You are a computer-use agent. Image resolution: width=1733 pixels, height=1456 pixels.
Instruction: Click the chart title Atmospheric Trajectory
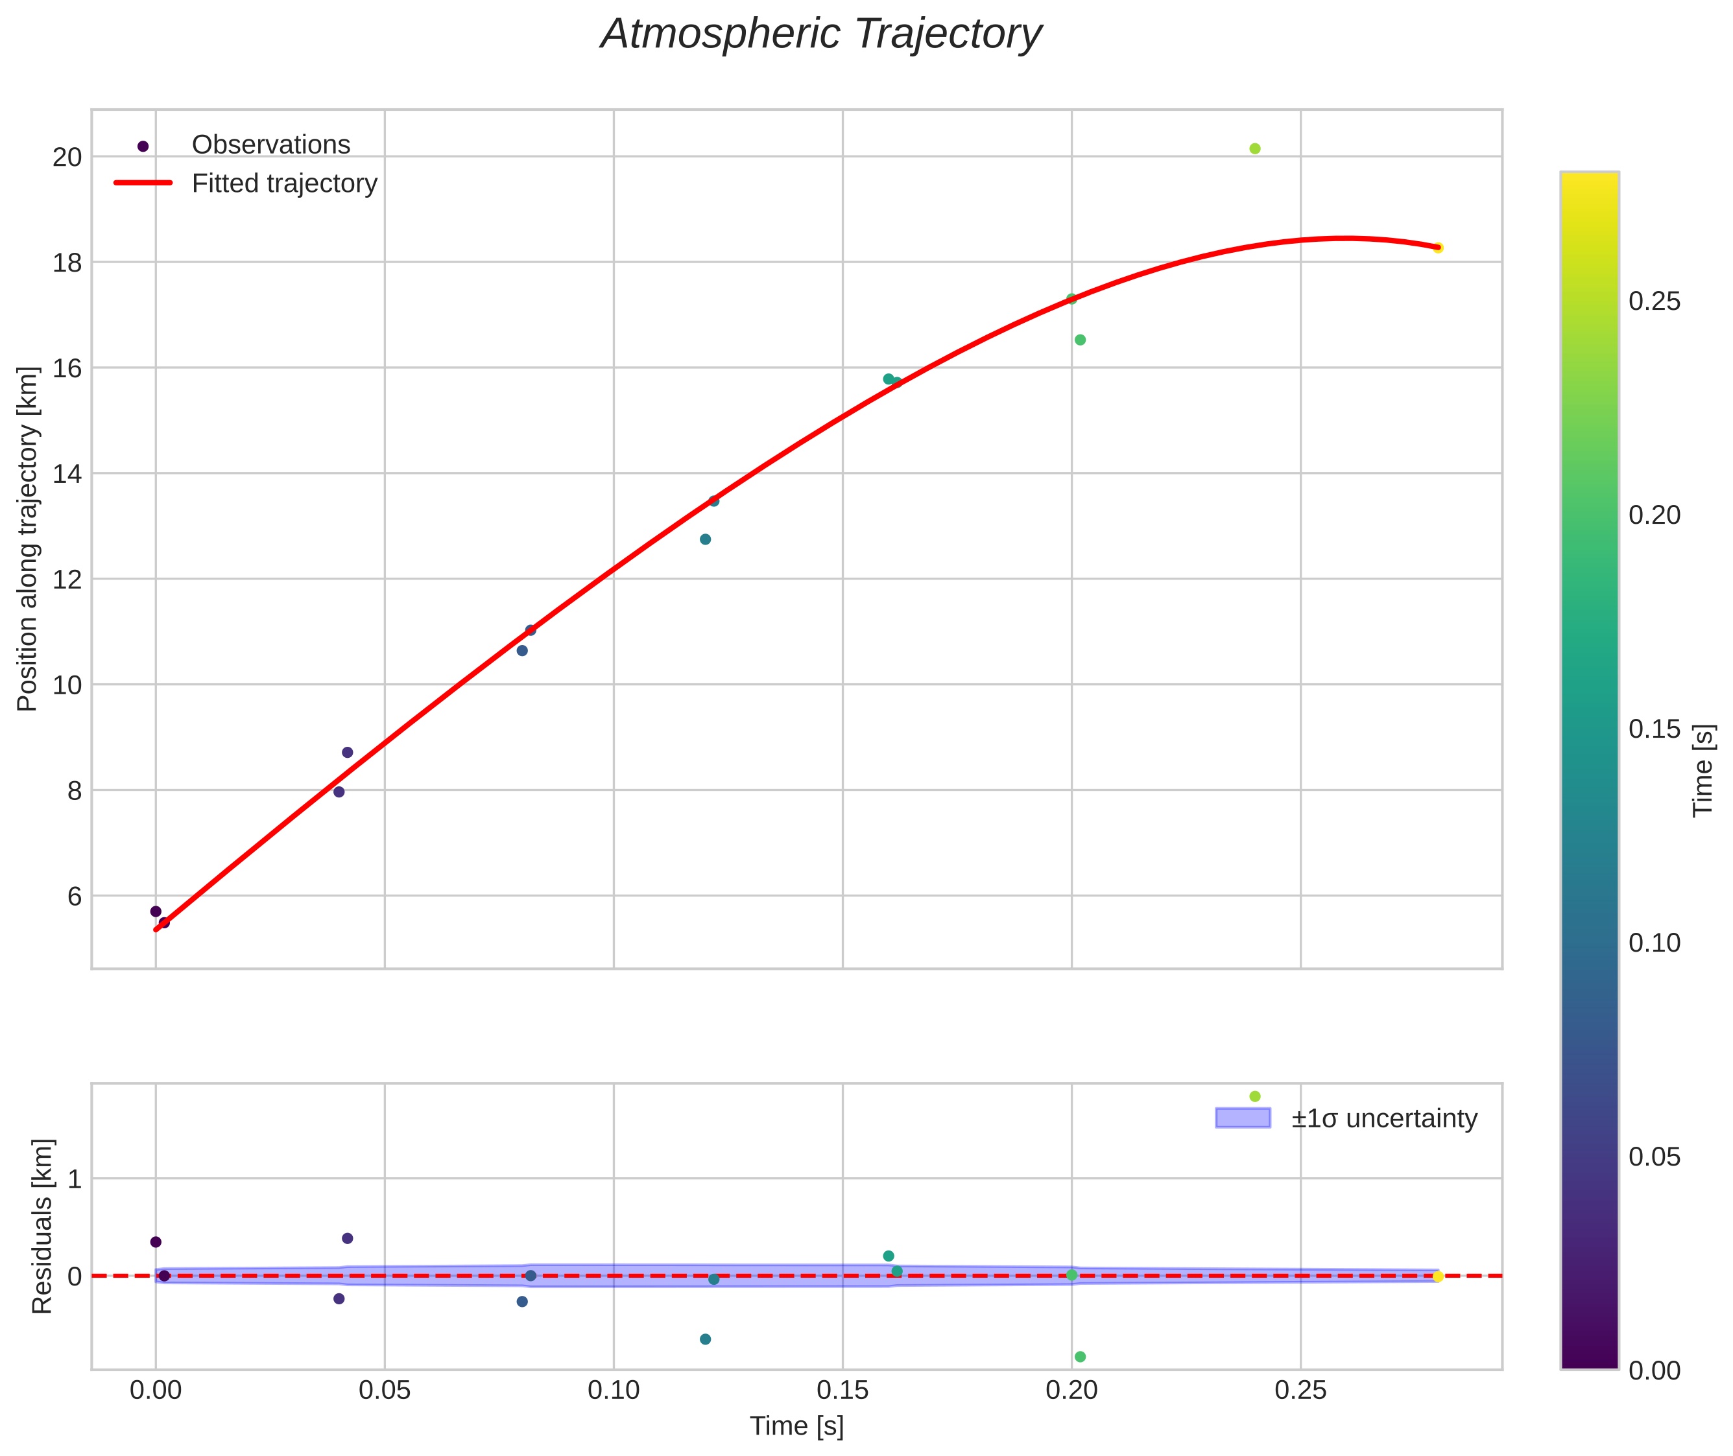[x=820, y=34]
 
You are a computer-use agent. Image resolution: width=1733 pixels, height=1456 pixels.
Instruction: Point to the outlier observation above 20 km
[x=1255, y=148]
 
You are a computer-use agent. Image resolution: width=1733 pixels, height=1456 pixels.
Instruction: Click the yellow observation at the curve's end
[x=1439, y=248]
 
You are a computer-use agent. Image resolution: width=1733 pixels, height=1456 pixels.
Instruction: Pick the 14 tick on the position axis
[x=67, y=474]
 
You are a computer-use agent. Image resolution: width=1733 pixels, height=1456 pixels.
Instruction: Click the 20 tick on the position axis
[x=67, y=157]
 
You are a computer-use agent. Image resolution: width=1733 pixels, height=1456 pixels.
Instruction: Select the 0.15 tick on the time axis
[x=842, y=1391]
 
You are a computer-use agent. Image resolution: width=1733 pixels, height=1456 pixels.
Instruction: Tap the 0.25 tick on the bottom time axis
[x=1300, y=1391]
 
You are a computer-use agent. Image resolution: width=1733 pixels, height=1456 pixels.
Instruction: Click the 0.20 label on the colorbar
[x=1654, y=515]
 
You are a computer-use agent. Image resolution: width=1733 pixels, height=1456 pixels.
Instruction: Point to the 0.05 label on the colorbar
[x=1654, y=1157]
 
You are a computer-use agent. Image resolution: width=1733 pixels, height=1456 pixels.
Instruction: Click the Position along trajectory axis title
[x=28, y=539]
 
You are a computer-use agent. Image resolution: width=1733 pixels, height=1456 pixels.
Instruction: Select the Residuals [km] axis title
[x=42, y=1226]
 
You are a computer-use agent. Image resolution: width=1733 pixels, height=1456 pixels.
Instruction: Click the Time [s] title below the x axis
[x=796, y=1426]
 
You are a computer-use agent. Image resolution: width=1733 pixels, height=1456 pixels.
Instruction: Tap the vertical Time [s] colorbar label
[x=1704, y=770]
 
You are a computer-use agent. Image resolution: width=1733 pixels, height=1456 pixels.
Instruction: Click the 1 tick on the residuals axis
[x=75, y=1179]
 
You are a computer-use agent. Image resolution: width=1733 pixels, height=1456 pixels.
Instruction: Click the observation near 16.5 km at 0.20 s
[x=1080, y=340]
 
